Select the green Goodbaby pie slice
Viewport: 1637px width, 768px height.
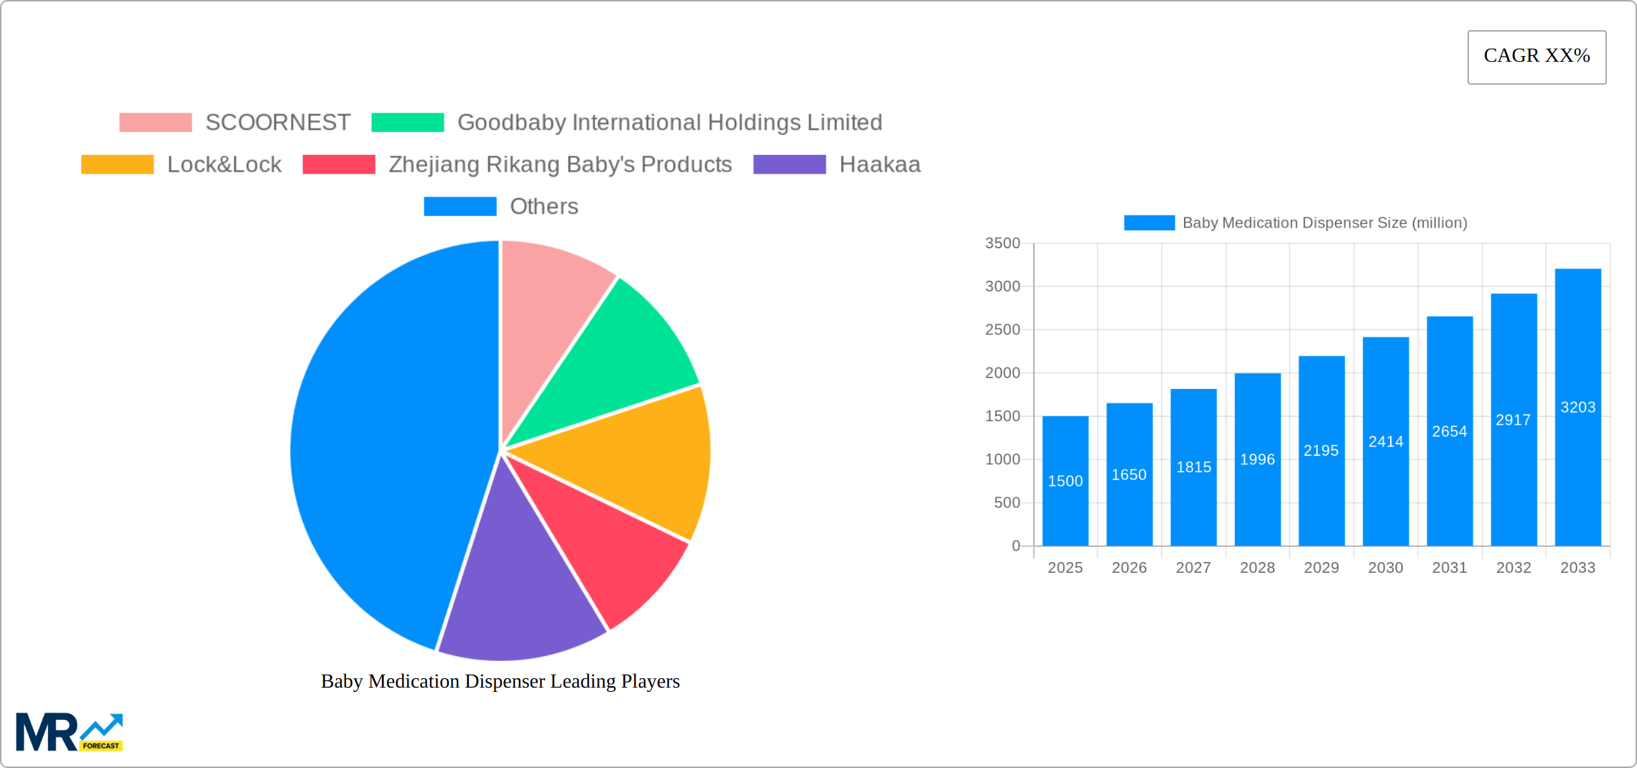click(617, 359)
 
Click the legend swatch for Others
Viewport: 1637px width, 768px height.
click(460, 207)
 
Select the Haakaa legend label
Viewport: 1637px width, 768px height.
click(880, 164)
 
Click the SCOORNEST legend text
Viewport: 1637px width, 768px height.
click(278, 123)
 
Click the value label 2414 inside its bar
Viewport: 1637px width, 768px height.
click(1386, 441)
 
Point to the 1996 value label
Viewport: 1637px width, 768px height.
click(1257, 459)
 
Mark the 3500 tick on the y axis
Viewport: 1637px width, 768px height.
click(1002, 243)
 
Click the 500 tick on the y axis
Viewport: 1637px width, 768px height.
click(1007, 502)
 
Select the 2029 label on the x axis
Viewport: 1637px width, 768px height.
click(1321, 568)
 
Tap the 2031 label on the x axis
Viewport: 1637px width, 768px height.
click(1449, 568)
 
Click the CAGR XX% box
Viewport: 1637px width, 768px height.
click(1536, 57)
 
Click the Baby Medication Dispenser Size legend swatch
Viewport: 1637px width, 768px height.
click(1149, 223)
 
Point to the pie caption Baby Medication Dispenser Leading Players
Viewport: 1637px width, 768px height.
click(500, 681)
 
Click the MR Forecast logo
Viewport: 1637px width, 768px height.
click(69, 732)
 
